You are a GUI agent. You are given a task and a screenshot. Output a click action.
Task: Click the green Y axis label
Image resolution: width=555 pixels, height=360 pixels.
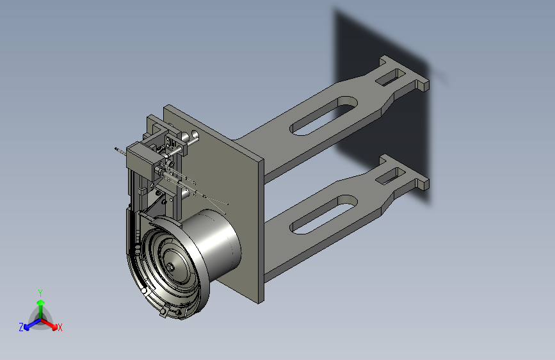click(40, 293)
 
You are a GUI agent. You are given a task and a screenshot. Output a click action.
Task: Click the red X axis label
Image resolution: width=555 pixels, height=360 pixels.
click(60, 327)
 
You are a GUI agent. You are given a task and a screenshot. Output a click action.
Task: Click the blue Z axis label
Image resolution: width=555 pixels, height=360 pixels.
click(21, 327)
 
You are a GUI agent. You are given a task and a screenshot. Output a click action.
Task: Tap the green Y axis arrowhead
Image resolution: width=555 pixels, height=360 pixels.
click(41, 302)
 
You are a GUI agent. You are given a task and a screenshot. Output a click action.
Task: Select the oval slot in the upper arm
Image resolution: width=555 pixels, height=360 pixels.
click(323, 115)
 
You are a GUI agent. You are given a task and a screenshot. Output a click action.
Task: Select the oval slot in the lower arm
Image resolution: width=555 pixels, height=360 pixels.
click(323, 215)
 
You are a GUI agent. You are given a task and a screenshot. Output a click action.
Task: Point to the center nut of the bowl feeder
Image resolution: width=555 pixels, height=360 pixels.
click(171, 267)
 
